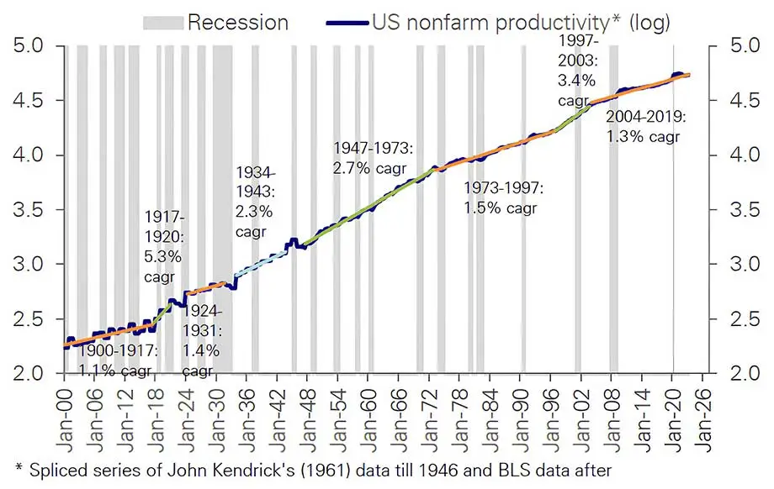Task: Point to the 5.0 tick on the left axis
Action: coord(33,45)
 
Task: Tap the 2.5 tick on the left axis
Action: coord(33,318)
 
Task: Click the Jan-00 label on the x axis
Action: coord(66,409)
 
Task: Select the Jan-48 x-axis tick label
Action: coord(310,409)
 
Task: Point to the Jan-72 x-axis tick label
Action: coord(432,409)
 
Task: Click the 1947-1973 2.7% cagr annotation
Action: coord(373,157)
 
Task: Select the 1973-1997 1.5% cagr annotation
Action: coord(503,197)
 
